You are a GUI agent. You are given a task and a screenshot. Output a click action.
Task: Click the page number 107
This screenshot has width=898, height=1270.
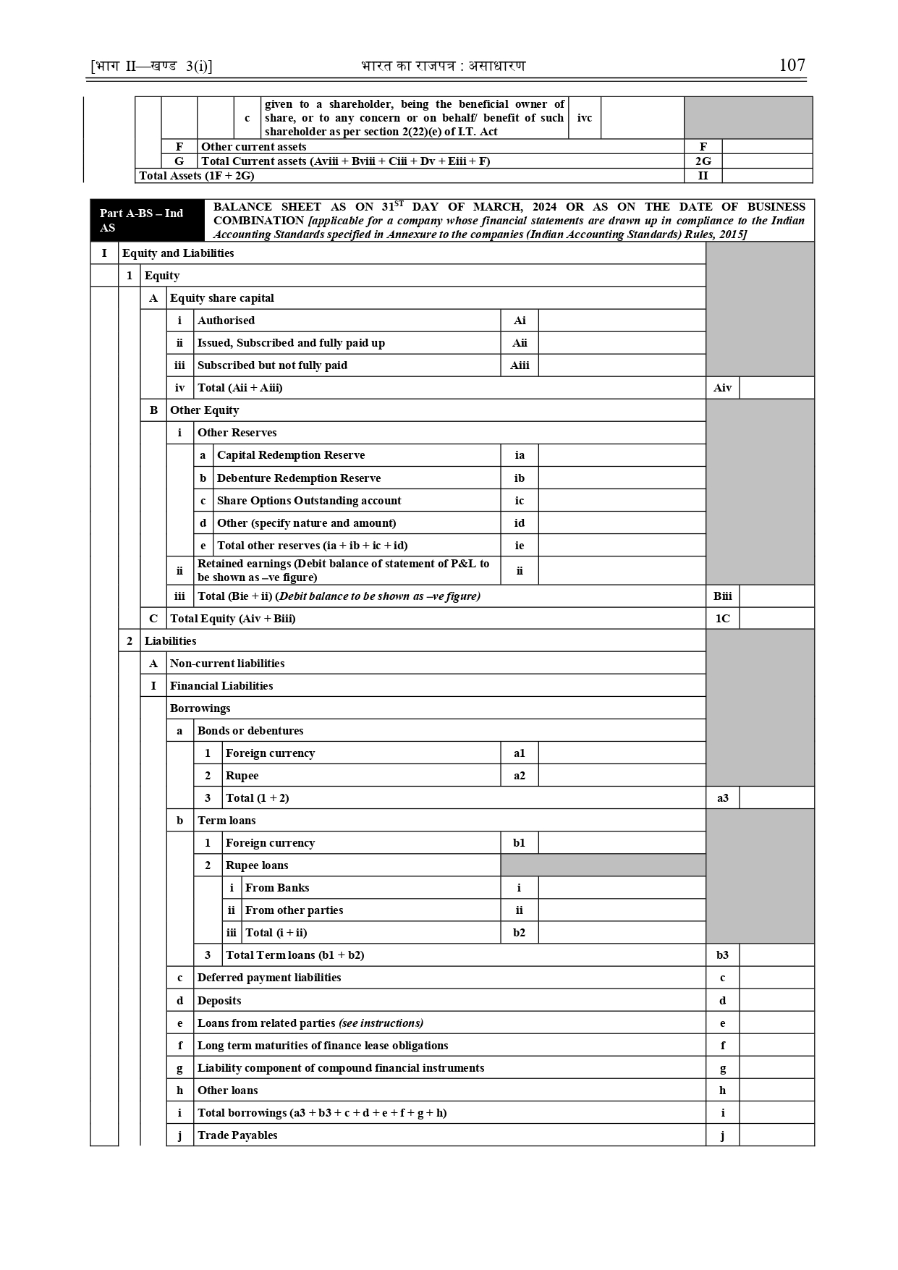792,65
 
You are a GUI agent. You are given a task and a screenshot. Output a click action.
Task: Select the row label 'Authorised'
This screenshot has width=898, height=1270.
226,321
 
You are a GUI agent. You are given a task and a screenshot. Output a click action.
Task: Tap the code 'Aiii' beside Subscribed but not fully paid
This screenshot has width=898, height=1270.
520,365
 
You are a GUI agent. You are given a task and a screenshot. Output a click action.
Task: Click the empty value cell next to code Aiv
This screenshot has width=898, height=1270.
776,388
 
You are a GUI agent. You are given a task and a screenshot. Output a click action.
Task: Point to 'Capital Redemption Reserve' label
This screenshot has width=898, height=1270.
291,455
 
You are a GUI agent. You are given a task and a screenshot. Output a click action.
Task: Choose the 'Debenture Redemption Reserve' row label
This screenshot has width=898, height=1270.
299,478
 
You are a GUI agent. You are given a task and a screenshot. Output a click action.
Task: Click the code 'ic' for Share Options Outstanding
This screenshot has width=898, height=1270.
520,501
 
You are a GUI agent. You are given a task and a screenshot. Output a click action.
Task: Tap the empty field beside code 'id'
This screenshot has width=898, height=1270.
622,523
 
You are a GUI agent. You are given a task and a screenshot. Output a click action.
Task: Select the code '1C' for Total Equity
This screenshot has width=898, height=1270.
722,619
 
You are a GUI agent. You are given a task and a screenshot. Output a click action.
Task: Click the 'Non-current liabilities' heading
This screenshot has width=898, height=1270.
227,664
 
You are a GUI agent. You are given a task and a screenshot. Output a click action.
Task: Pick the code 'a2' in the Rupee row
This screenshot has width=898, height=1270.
520,776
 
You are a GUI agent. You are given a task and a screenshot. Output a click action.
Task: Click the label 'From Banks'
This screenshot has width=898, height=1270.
277,888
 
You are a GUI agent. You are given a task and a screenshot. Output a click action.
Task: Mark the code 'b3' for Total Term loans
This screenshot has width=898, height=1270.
722,955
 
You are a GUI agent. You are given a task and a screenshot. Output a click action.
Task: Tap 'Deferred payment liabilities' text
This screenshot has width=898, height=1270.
269,978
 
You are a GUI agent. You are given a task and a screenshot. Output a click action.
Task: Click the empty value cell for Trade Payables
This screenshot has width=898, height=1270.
776,1135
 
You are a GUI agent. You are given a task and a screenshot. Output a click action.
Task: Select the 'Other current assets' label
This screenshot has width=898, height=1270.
253,147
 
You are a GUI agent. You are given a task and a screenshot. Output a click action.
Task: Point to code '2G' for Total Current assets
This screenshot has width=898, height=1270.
703,161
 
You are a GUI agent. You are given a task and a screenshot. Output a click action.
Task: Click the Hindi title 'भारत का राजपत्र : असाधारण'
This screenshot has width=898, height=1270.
443,66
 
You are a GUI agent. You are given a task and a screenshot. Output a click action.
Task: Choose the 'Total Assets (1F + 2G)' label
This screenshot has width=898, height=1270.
197,176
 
